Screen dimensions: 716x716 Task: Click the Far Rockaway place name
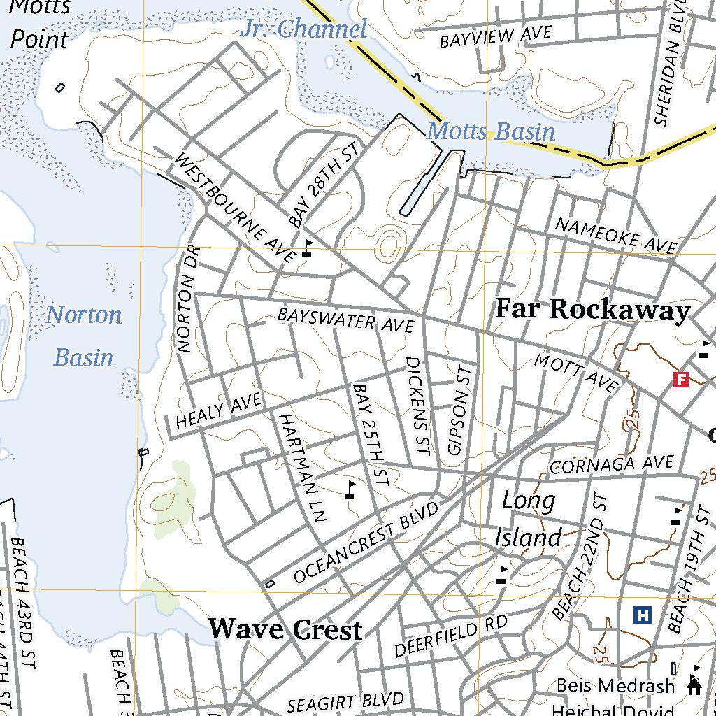(592, 310)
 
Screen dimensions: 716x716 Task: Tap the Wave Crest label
(285, 629)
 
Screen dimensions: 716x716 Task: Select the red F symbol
(680, 380)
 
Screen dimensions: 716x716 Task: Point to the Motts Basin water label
(491, 131)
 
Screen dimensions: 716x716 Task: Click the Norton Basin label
(84, 336)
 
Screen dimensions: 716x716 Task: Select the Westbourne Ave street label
(234, 208)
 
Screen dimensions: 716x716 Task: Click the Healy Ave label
(218, 410)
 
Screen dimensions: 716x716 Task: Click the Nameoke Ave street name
(615, 235)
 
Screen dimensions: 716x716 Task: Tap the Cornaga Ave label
(612, 464)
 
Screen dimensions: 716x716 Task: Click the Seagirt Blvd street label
(347, 702)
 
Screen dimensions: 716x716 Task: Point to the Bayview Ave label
(495, 36)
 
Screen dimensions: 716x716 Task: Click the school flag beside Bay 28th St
(308, 248)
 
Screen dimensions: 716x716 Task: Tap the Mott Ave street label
(576, 373)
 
